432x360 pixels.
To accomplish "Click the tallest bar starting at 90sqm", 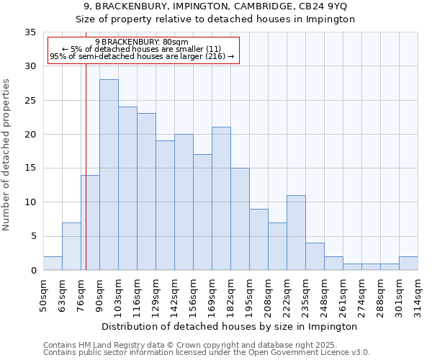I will (109, 175).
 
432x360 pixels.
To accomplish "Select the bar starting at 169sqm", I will (221, 199).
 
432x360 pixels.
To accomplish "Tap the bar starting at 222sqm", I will (296, 233).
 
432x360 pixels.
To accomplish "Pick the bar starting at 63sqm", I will (71, 246).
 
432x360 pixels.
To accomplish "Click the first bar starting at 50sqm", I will (53, 264).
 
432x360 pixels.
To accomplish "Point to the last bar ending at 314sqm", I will (408, 264).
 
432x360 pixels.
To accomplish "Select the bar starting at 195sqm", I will (258, 240).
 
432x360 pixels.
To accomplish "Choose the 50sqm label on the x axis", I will (44, 295).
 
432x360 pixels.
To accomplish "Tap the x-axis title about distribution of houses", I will (230, 326).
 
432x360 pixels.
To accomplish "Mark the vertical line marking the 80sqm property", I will (86, 166).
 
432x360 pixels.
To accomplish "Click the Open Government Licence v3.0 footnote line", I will (207, 353).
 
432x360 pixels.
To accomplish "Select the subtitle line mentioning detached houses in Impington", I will (215, 19).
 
